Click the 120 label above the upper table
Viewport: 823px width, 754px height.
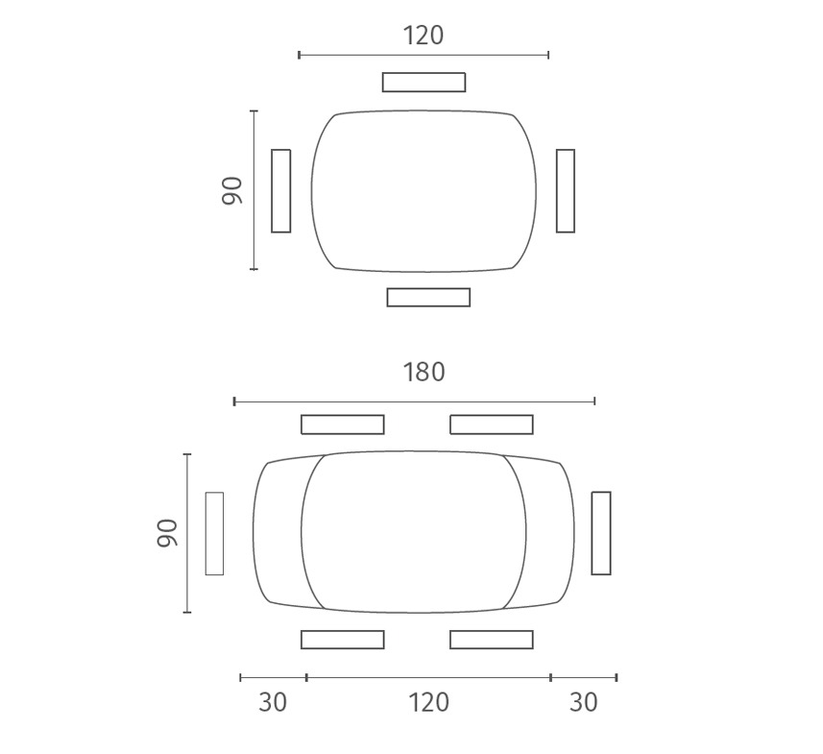tap(424, 36)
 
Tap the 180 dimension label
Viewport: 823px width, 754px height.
tap(424, 372)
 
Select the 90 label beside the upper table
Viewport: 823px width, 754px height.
tap(232, 190)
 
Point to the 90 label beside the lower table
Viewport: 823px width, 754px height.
tap(167, 533)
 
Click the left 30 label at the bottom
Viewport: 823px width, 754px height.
tap(273, 702)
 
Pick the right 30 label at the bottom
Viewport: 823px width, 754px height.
tap(583, 702)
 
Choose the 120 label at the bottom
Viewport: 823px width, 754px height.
tap(428, 702)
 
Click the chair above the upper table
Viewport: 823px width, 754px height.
tap(424, 82)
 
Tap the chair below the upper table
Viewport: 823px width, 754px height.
tap(428, 297)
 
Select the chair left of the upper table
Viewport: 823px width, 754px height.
tap(280, 190)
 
